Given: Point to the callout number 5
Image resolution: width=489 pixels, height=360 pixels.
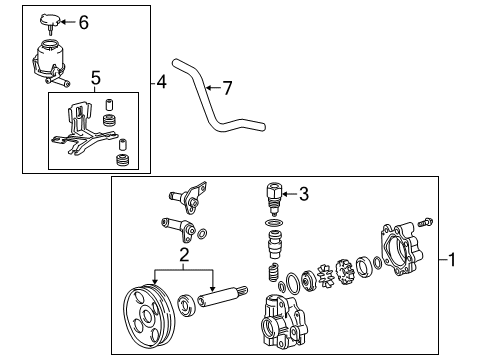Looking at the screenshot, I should click(96, 76).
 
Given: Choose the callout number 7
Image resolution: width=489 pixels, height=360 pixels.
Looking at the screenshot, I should click(226, 89).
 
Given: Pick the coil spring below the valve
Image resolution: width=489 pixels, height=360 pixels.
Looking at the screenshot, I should click(271, 274).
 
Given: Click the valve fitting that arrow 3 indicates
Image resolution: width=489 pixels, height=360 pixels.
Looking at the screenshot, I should click(271, 197).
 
